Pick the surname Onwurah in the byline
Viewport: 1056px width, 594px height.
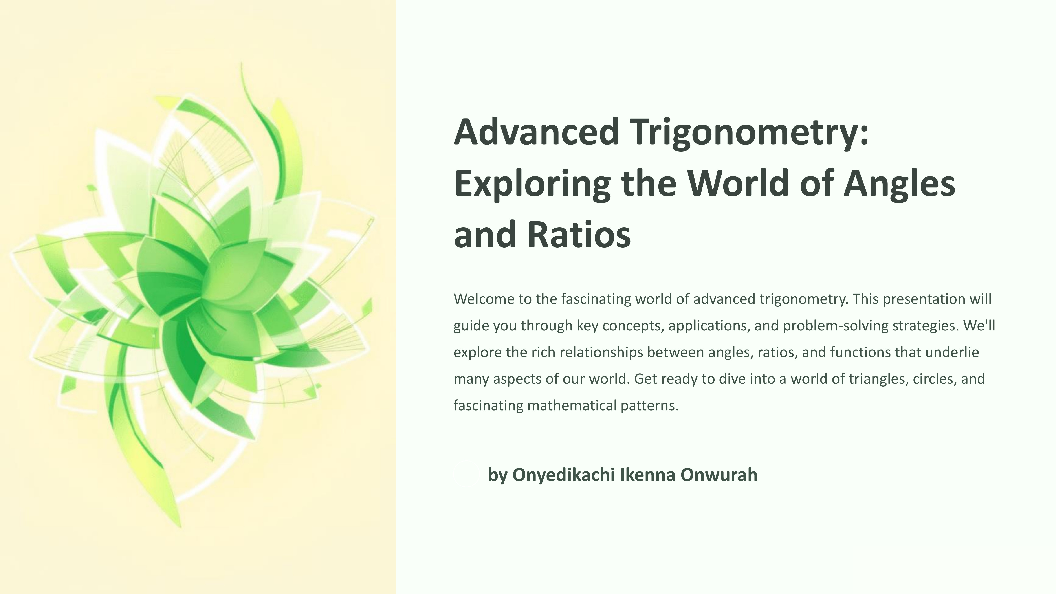[719, 475]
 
